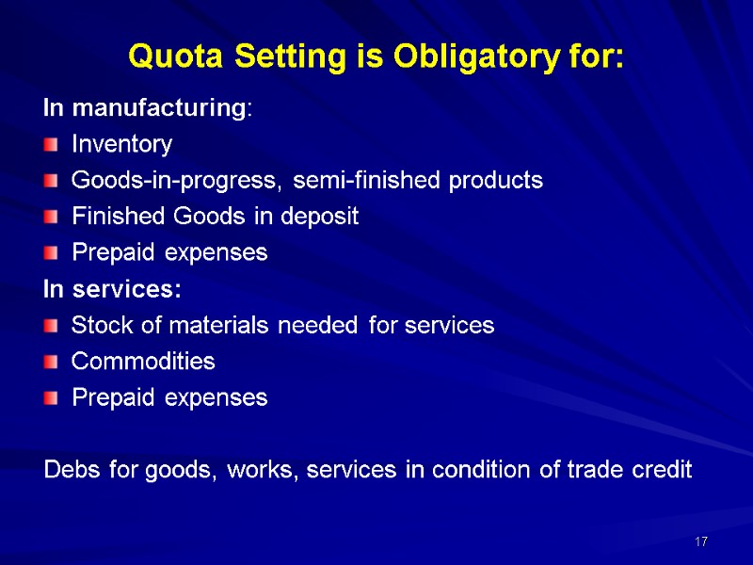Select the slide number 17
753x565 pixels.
700,542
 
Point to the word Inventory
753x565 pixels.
122,145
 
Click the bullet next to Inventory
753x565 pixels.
51,145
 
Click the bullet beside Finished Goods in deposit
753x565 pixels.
51,217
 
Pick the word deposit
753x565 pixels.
324,218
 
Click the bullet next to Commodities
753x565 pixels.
51,362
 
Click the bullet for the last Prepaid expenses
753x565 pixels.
51,398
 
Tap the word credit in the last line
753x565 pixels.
663,470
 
